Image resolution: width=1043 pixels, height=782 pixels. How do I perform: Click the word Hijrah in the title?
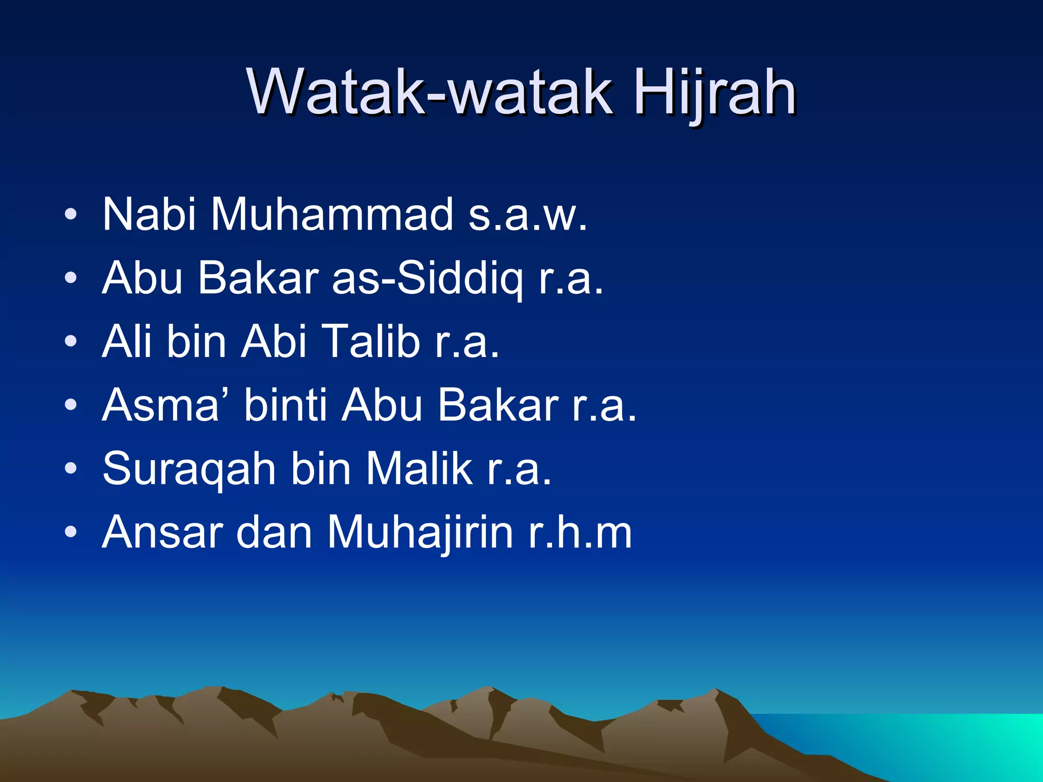click(x=715, y=93)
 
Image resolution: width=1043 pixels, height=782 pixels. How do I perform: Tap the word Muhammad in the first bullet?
click(x=332, y=214)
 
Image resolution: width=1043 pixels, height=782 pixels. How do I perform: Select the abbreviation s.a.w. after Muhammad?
click(x=528, y=214)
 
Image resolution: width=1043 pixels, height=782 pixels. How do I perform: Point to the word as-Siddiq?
click(x=427, y=278)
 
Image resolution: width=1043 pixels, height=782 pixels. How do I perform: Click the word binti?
click(x=286, y=405)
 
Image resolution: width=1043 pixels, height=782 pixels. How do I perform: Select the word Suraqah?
click(x=189, y=468)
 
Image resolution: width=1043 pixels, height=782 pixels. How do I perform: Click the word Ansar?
click(x=162, y=533)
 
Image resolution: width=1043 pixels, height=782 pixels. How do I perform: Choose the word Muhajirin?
click(x=420, y=533)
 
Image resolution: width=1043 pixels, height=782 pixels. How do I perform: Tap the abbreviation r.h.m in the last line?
click(x=580, y=533)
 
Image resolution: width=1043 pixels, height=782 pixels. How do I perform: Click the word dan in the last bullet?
click(x=274, y=533)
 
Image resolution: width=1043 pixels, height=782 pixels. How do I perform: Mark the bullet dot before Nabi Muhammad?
click(x=71, y=214)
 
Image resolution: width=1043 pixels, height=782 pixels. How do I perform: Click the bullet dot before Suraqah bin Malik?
click(x=71, y=468)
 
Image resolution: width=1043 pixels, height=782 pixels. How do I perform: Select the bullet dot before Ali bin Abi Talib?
click(x=71, y=341)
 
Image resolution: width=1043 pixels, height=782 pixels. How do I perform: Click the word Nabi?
click(x=149, y=214)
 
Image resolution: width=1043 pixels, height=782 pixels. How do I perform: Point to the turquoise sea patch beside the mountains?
click(x=942, y=743)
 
